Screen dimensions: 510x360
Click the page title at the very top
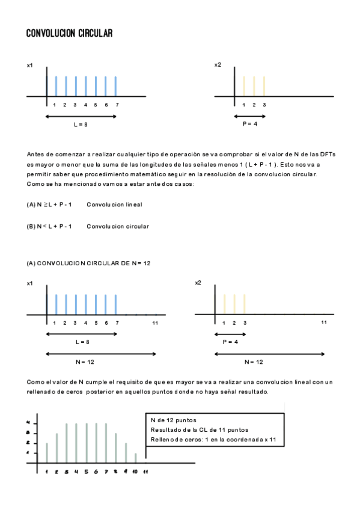coord(69,34)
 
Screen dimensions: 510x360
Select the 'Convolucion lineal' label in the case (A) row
coord(114,204)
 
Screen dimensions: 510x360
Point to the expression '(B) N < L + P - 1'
coord(49,226)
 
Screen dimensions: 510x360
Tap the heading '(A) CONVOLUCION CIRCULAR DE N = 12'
coord(88,263)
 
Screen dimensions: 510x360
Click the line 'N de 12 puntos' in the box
coord(173,420)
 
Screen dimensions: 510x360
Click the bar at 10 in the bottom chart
coord(136,458)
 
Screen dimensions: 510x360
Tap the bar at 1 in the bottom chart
coord(47,452)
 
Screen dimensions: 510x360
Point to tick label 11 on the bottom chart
coord(145,472)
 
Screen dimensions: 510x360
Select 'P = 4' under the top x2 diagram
coord(250,123)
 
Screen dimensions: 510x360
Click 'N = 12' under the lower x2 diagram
coord(253,362)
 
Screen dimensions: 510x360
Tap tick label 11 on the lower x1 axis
coord(155,323)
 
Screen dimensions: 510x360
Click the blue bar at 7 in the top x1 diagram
coord(116,85)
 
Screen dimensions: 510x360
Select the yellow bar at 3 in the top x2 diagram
coord(264,85)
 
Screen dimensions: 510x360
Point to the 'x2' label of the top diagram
coord(218,64)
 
